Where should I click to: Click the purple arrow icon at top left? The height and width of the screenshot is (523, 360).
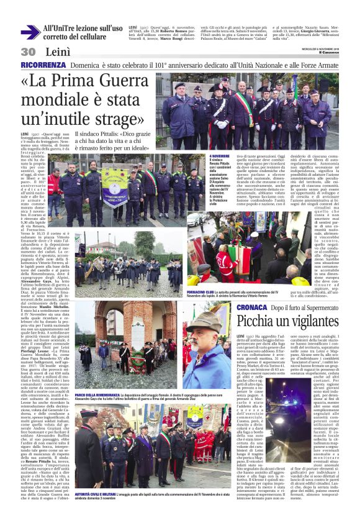(30, 32)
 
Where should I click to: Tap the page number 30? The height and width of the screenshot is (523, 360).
(27, 52)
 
